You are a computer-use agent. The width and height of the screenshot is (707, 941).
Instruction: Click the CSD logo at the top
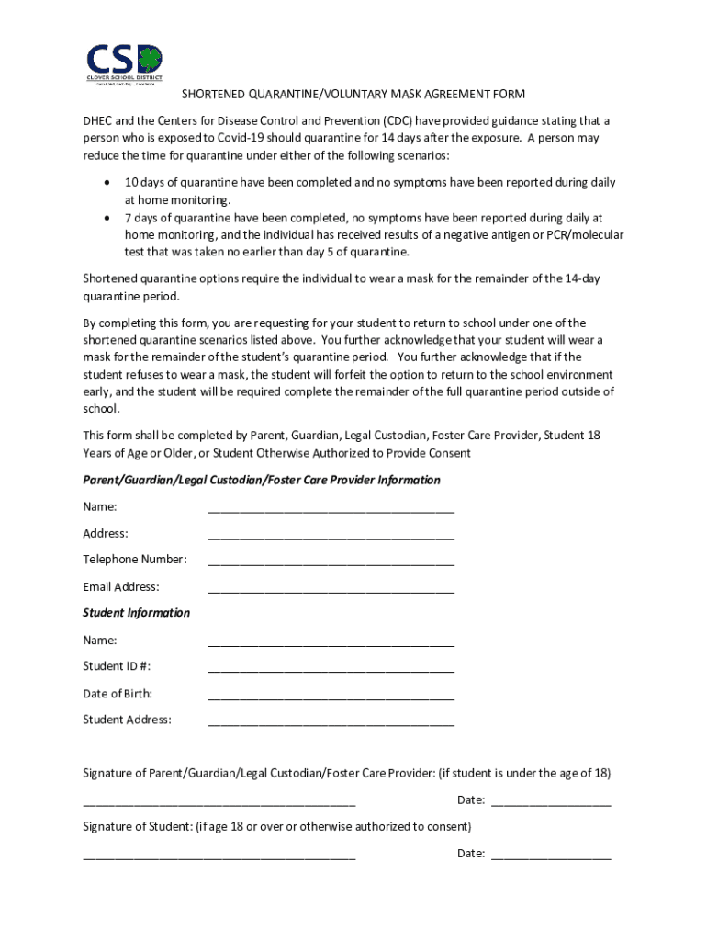(x=124, y=62)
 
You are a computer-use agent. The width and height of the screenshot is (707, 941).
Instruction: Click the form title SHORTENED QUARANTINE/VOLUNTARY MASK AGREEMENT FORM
(x=353, y=95)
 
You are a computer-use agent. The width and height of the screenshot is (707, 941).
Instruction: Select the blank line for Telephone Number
(x=331, y=561)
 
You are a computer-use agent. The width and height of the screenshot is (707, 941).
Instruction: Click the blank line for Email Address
(x=331, y=589)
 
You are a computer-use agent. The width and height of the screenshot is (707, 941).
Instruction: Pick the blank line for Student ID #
(x=331, y=669)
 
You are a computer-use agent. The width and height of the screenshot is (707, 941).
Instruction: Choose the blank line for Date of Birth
(x=331, y=696)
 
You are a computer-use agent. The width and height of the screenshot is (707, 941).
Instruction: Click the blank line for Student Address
(x=331, y=722)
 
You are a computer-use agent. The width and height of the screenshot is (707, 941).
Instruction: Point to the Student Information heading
(x=137, y=613)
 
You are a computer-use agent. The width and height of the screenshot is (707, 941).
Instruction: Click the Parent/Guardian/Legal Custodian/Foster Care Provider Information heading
(x=262, y=481)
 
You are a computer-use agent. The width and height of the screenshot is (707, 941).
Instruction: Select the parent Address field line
(x=331, y=536)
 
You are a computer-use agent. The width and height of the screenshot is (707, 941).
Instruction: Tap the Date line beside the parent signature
(x=551, y=802)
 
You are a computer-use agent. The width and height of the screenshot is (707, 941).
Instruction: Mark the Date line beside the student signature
(x=551, y=856)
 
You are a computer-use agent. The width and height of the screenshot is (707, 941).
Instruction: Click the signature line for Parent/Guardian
(x=219, y=802)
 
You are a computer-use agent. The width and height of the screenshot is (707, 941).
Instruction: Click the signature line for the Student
(x=219, y=856)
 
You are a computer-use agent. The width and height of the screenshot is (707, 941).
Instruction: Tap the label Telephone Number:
(x=135, y=560)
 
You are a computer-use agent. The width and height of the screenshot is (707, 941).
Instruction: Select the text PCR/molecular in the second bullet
(x=584, y=235)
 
